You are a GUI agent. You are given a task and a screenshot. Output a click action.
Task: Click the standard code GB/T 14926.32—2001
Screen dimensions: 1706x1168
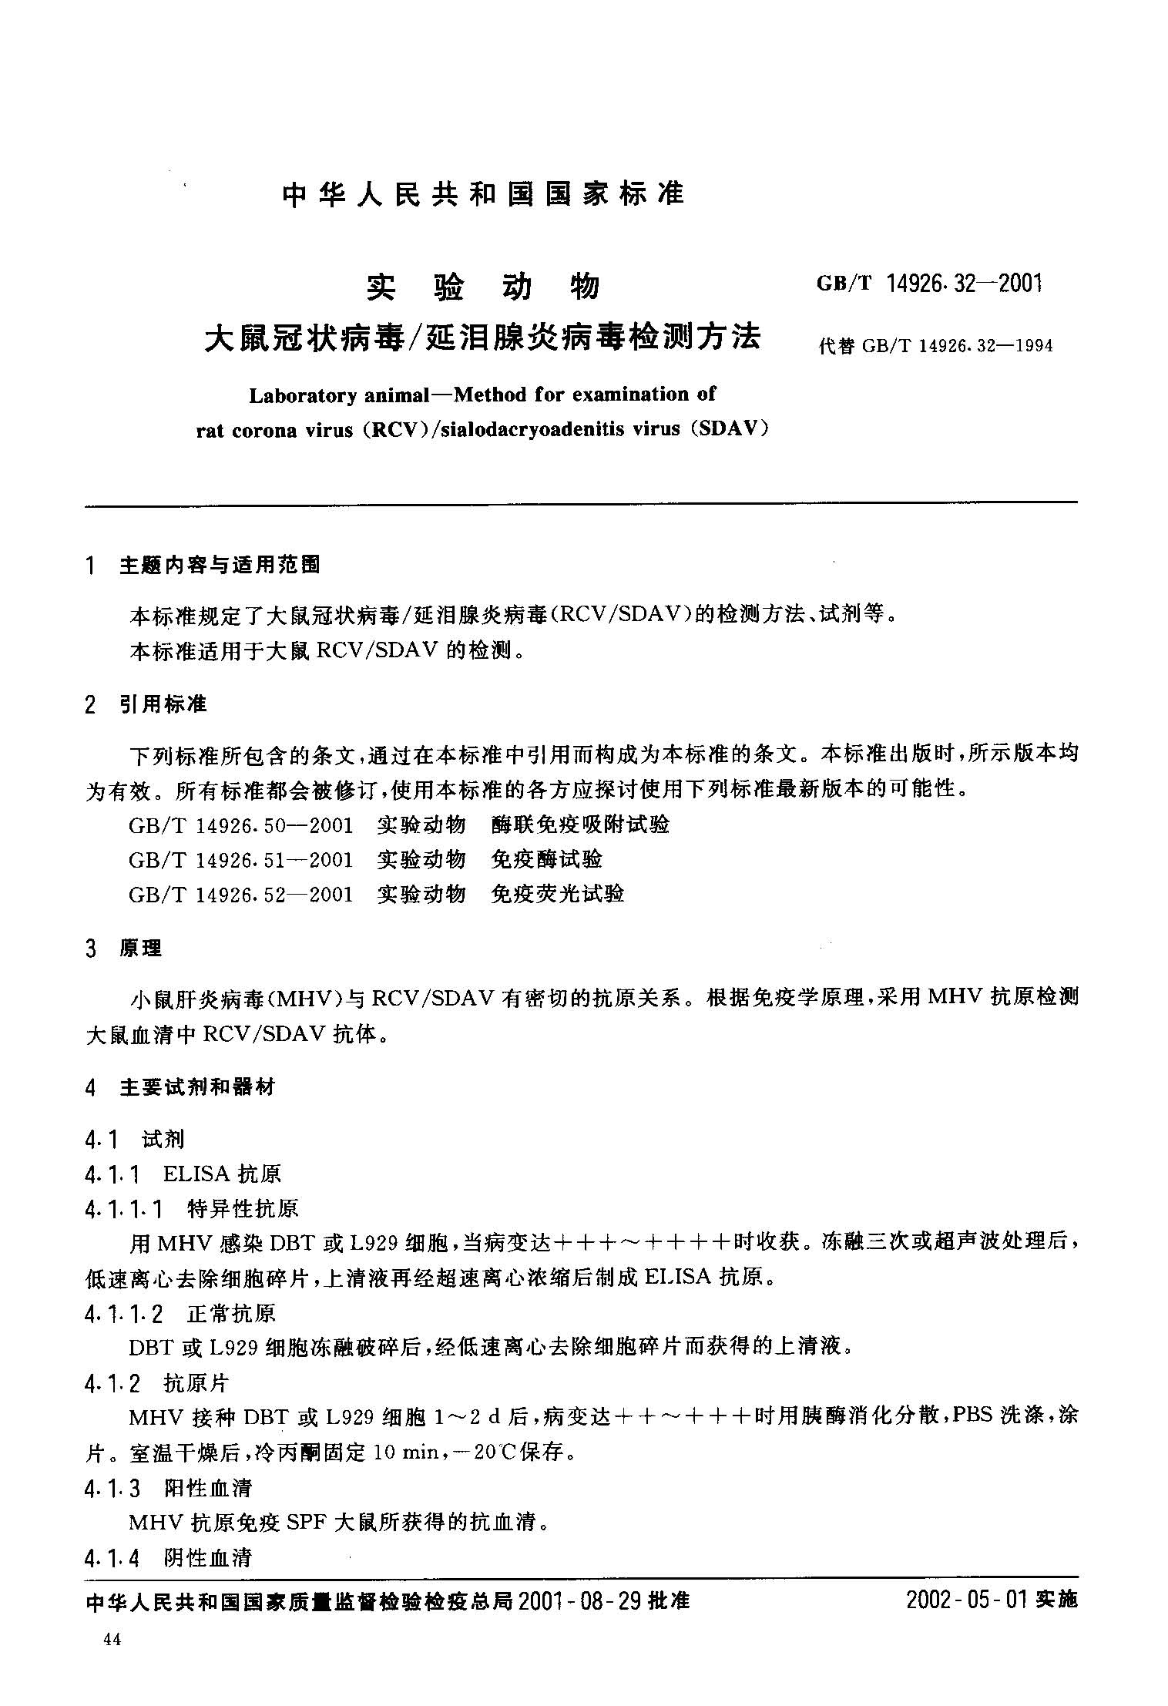[929, 284]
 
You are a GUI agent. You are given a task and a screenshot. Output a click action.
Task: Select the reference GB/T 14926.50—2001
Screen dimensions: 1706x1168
[241, 825]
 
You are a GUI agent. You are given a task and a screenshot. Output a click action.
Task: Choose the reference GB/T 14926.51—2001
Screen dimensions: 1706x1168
[241, 860]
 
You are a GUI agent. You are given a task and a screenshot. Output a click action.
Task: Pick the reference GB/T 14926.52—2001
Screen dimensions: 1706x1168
[241, 895]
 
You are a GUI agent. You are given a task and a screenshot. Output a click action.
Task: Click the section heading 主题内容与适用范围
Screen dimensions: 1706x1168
[220, 566]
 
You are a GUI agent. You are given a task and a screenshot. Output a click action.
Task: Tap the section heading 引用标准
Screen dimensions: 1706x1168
[163, 704]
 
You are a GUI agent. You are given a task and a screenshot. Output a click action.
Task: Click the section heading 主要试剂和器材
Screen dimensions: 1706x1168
[197, 1087]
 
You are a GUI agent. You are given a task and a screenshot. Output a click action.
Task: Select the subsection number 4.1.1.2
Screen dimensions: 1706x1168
[124, 1313]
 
